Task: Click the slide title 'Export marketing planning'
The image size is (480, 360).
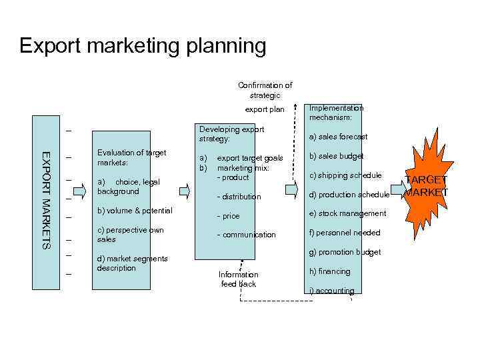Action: click(x=143, y=46)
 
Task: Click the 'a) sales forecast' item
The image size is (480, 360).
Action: click(x=338, y=137)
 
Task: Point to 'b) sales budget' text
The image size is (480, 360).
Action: click(x=336, y=156)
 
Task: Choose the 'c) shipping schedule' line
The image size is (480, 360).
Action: click(x=345, y=175)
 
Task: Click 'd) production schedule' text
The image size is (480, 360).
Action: click(x=349, y=195)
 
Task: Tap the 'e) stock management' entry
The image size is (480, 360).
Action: click(x=347, y=213)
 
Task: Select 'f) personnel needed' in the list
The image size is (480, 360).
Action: click(x=344, y=233)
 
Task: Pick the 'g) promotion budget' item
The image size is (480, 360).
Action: click(x=345, y=252)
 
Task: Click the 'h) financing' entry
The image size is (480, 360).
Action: click(x=329, y=271)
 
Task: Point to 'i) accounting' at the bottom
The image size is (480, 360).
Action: click(x=331, y=291)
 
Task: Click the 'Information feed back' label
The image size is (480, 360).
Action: click(x=239, y=279)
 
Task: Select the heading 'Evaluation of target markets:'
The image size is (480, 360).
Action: click(x=131, y=157)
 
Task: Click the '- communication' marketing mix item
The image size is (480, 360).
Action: click(x=246, y=235)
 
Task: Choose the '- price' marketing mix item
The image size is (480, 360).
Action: click(x=228, y=216)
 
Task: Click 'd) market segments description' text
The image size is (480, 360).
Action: click(x=132, y=263)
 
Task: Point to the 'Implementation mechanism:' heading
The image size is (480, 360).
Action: click(x=336, y=113)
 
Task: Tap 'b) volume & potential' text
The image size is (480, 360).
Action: click(x=135, y=211)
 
